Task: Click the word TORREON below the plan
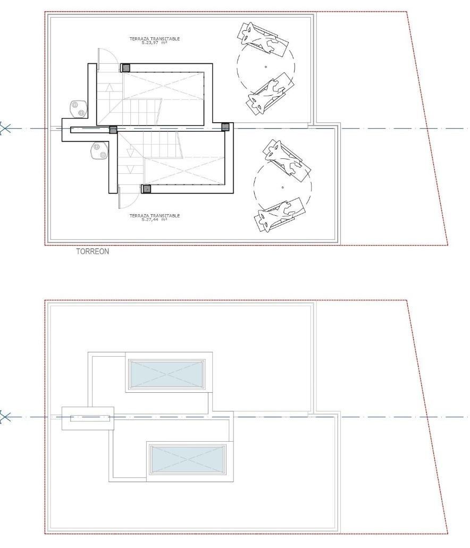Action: [x=93, y=251]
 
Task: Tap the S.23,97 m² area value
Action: [x=154, y=43]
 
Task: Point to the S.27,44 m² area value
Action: [x=154, y=220]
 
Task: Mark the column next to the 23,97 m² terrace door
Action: [x=125, y=68]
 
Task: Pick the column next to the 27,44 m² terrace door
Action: [x=147, y=189]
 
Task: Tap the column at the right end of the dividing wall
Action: [x=225, y=127]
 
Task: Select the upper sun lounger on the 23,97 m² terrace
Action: [x=263, y=38]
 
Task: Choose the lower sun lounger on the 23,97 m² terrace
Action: [x=269, y=95]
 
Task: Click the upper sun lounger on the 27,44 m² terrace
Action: [x=287, y=159]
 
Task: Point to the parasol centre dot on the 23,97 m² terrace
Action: [x=266, y=67]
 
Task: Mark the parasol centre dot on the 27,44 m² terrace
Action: [x=282, y=187]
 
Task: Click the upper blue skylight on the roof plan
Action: [x=166, y=374]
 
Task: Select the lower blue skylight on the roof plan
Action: [x=187, y=459]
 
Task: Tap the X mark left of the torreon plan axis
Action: [x=4, y=129]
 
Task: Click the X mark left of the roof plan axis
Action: [x=4, y=417]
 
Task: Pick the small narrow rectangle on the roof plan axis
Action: [x=90, y=418]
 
